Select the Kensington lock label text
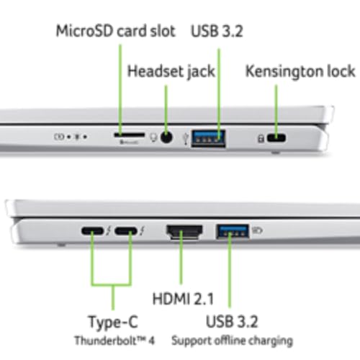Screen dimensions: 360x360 pos(300,71)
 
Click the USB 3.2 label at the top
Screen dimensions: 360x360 pos(217,32)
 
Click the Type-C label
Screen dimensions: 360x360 pos(113,321)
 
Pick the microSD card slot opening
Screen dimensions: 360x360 pos(127,134)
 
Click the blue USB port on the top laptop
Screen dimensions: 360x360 pos(208,135)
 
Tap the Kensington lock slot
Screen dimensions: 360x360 pos(276,138)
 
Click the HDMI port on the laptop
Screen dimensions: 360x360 pos(183,232)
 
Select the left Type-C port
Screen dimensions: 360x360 pos(91,232)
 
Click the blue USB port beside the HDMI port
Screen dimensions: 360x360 pos(231,232)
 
